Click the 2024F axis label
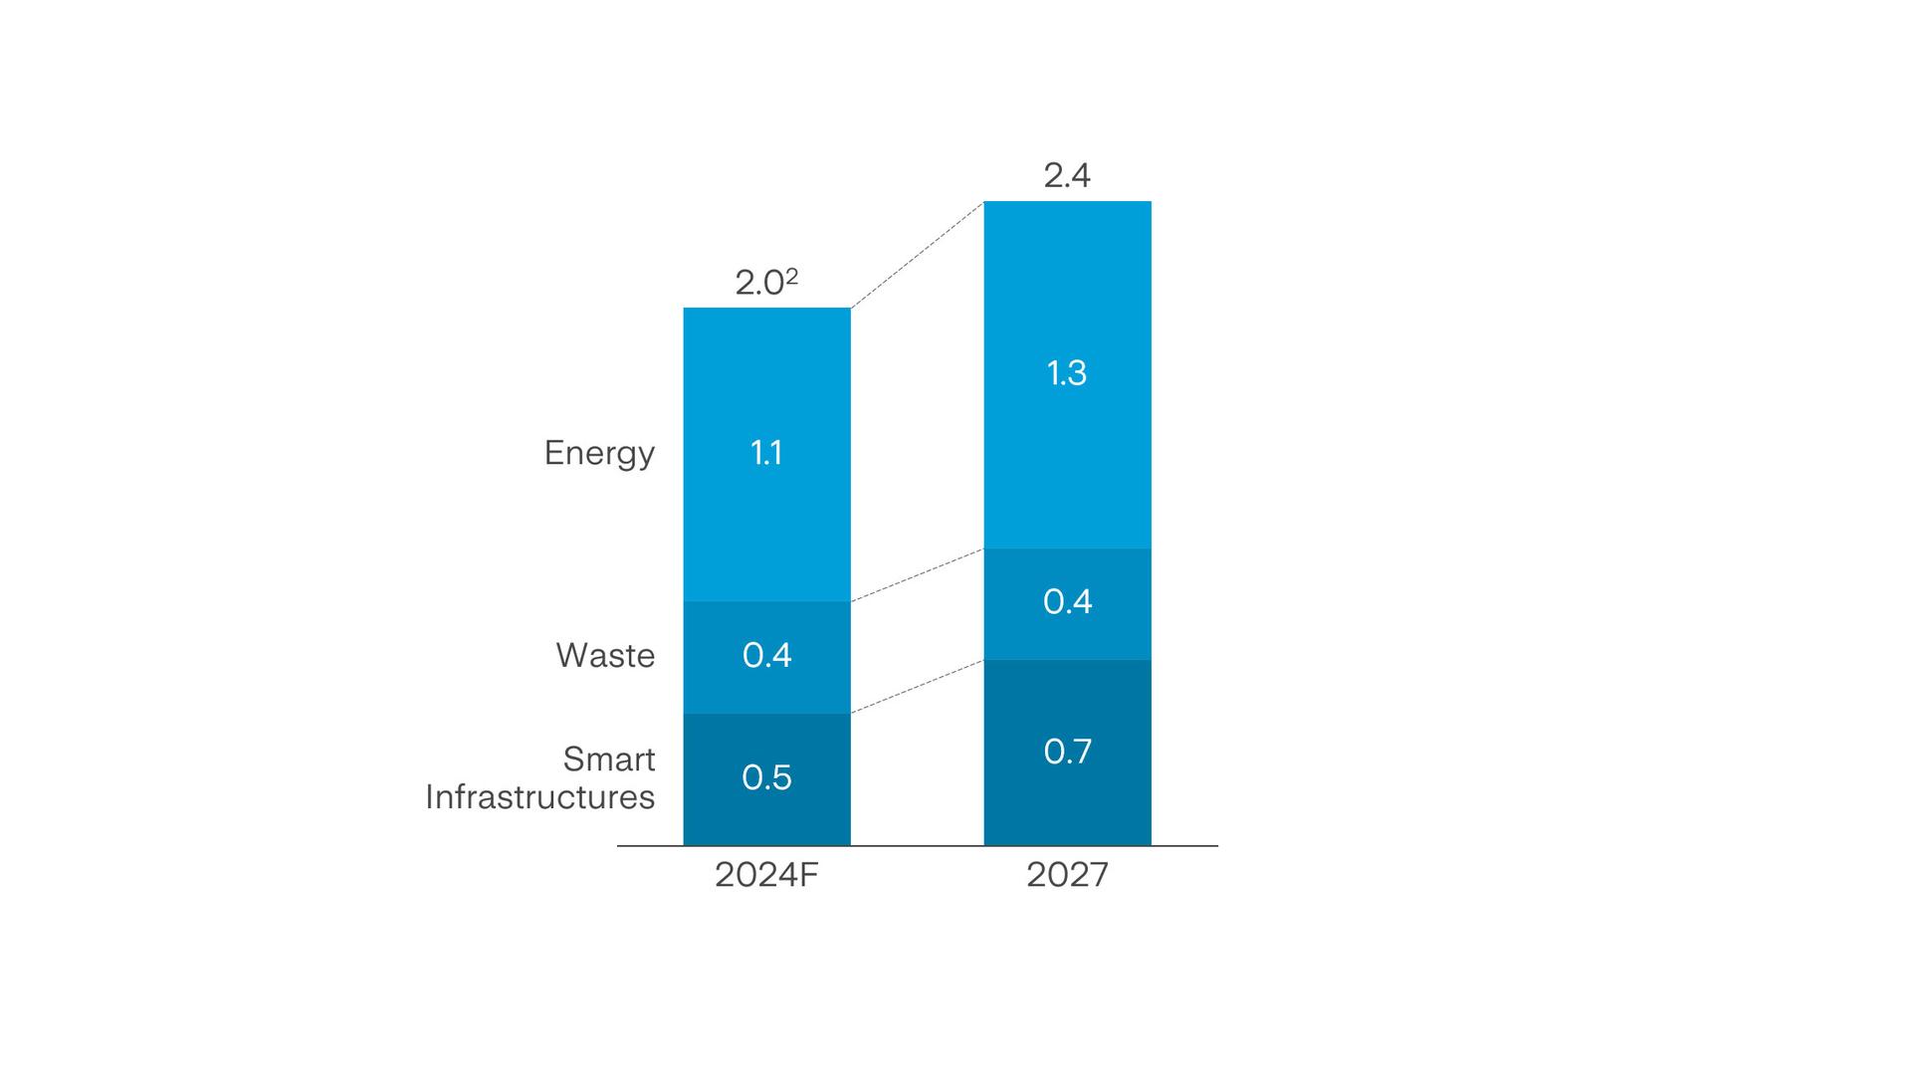[x=766, y=875]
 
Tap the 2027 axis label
[x=1067, y=875]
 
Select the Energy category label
[x=599, y=453]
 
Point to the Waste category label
[x=605, y=655]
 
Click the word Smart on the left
[x=609, y=759]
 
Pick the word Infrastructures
[x=540, y=797]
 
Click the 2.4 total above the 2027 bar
[x=1067, y=176]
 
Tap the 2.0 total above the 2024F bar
[x=759, y=284]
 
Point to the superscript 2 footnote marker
[x=792, y=276]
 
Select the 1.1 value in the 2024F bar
[x=766, y=453]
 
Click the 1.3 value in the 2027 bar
[x=1067, y=373]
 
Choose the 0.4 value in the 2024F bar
[x=766, y=655]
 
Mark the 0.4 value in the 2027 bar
[x=1067, y=601]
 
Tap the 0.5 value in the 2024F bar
[x=766, y=777]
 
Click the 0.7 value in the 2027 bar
[x=1067, y=752]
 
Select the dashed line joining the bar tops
[x=917, y=255]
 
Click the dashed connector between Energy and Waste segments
[x=917, y=575]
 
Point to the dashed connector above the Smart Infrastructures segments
[x=917, y=687]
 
